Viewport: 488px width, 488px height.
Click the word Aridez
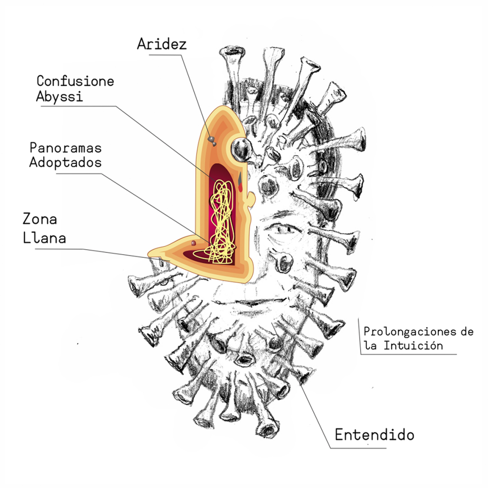(x=162, y=44)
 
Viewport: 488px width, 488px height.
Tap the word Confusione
(x=75, y=81)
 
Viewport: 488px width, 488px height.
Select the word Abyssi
(x=60, y=96)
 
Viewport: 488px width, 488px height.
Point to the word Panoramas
(x=65, y=147)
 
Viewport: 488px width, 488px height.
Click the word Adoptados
(x=65, y=162)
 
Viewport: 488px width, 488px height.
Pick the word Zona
(x=40, y=219)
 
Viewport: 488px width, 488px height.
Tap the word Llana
(x=44, y=237)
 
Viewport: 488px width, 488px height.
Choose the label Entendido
(x=374, y=435)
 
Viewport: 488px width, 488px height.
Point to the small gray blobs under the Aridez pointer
(x=211, y=140)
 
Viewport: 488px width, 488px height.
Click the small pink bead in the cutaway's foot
(x=193, y=244)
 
